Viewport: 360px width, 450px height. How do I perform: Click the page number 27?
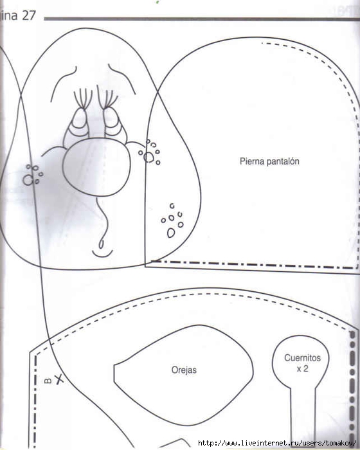(29, 15)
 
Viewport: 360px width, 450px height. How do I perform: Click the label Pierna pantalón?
(269, 161)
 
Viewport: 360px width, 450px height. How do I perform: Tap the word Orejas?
(184, 370)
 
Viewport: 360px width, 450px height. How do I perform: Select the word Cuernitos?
(302, 358)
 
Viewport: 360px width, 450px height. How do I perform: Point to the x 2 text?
(302, 368)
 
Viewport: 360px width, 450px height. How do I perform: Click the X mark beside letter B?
(59, 379)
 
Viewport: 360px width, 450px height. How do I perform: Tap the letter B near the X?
(48, 381)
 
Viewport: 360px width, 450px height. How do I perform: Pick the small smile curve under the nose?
(102, 255)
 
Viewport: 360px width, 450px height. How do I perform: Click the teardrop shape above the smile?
(101, 244)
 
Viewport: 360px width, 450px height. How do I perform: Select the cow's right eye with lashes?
(114, 121)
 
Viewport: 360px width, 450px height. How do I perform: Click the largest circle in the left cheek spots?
(28, 180)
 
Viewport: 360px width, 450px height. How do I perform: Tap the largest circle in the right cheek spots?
(148, 157)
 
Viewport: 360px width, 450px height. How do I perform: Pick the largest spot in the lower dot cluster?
(171, 233)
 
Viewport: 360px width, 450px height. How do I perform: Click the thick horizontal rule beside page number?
(202, 19)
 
